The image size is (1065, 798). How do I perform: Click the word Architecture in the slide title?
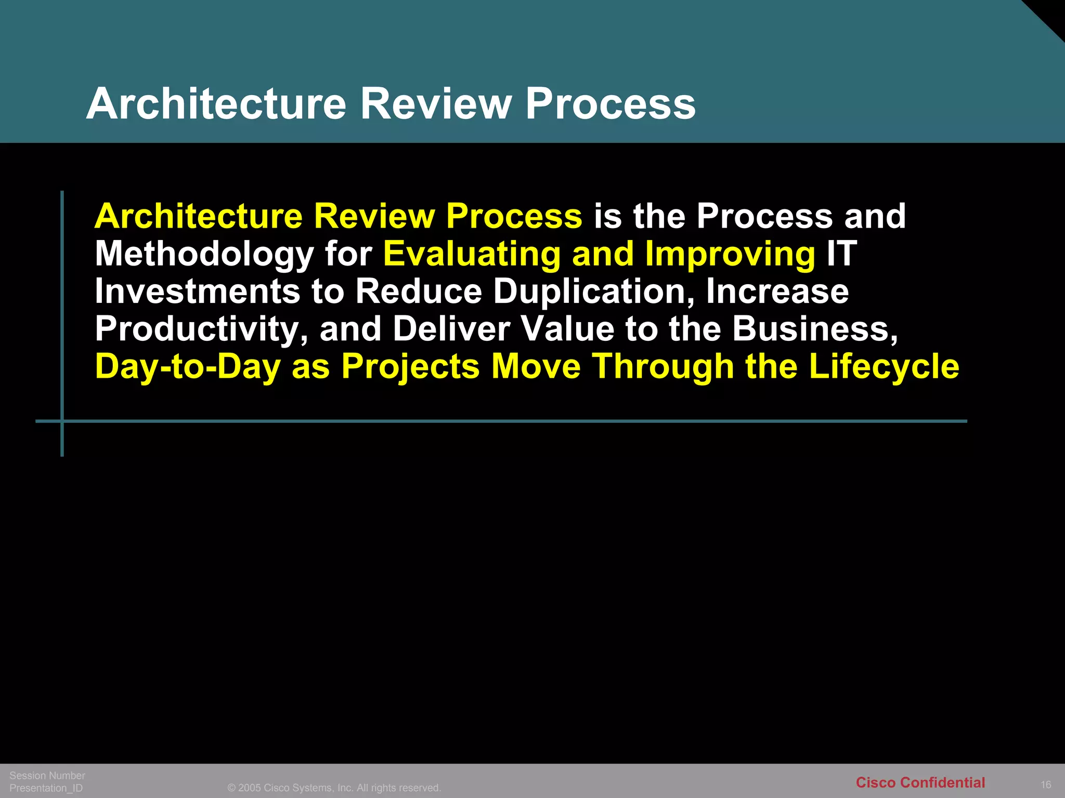pos(216,103)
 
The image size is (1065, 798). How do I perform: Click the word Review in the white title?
pos(436,103)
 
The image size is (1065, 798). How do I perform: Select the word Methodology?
pos(204,254)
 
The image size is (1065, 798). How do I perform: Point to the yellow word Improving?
pos(730,254)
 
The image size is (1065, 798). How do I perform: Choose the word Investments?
pos(198,291)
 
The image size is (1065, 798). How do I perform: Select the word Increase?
pos(777,291)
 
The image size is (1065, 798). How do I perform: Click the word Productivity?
pos(201,329)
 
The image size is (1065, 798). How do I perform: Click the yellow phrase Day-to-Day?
pos(187,367)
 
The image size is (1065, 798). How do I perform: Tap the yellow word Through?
pos(663,367)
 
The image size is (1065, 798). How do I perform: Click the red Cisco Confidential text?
pos(920,782)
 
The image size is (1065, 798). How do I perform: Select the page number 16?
pos(1046,784)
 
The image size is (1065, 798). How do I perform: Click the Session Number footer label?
pos(47,776)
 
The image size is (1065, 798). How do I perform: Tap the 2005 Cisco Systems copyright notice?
pos(334,788)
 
